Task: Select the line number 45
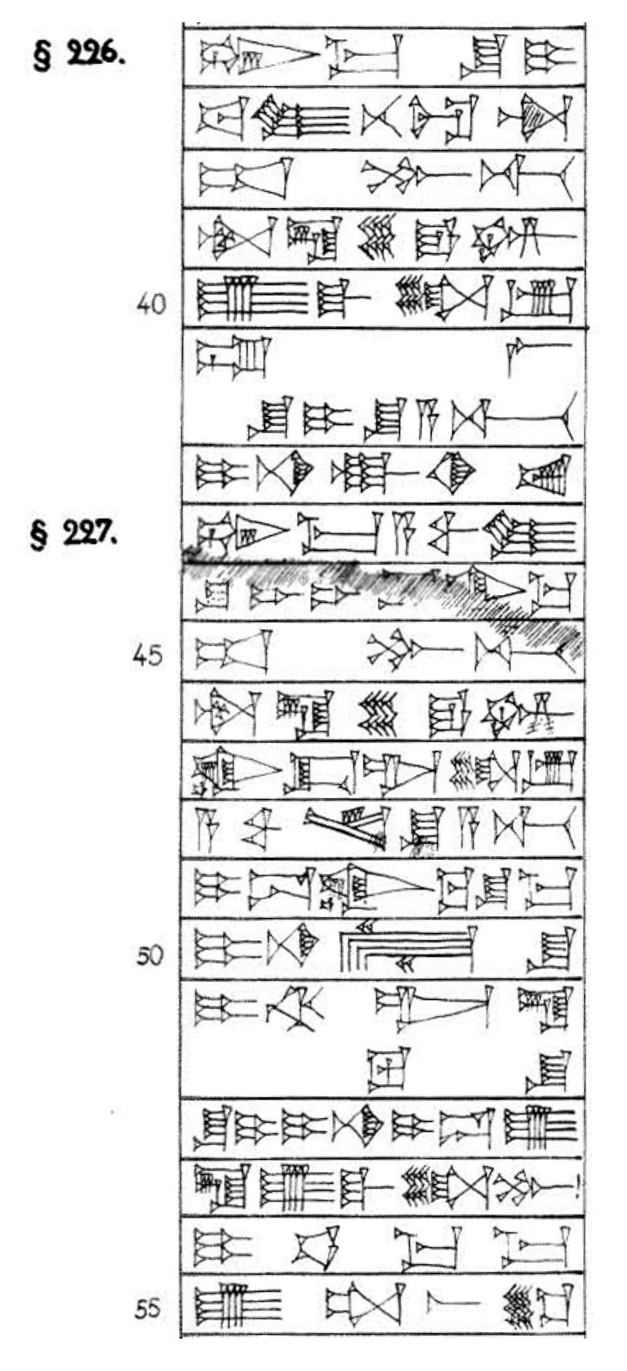point(148,655)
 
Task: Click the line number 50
point(151,957)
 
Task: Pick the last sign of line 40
point(539,300)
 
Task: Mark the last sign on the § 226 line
point(548,56)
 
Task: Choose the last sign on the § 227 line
point(531,535)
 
